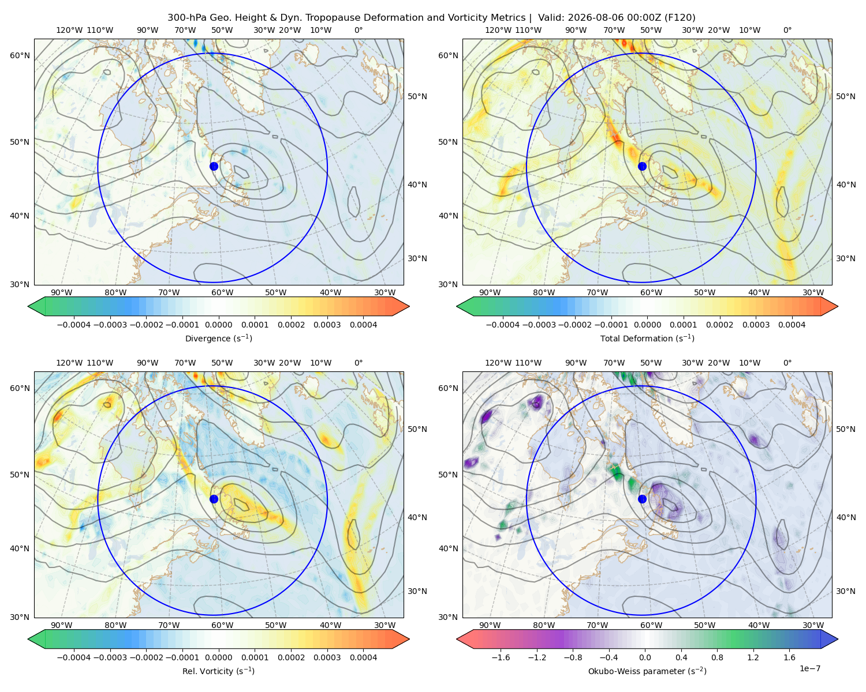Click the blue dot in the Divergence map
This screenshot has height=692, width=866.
[x=214, y=166]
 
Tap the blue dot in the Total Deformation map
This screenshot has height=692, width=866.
[x=642, y=166]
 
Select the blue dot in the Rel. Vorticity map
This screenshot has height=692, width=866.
[x=214, y=499]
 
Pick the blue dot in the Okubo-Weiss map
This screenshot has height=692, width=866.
[x=642, y=499]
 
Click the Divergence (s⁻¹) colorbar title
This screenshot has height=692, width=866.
[x=218, y=339]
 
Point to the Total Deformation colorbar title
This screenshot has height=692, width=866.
[x=647, y=339]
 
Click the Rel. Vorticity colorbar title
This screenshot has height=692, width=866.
[x=218, y=671]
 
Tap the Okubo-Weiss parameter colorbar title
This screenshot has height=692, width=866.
[x=647, y=671]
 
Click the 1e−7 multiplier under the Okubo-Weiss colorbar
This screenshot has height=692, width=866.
[x=809, y=668]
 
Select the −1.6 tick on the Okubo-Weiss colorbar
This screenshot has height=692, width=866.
[x=501, y=657]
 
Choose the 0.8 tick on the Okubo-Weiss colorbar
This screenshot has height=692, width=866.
[x=717, y=657]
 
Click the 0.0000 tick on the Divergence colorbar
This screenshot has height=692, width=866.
[x=218, y=325]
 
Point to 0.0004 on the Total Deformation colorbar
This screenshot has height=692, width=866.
[x=792, y=325]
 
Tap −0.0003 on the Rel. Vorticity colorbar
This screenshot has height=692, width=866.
[x=110, y=657]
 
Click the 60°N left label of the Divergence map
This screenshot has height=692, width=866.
[x=20, y=55]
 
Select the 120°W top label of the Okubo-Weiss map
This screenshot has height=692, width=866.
[x=498, y=363]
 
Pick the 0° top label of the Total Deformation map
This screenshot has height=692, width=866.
[x=787, y=30]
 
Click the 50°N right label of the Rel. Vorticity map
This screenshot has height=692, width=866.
[x=417, y=429]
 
